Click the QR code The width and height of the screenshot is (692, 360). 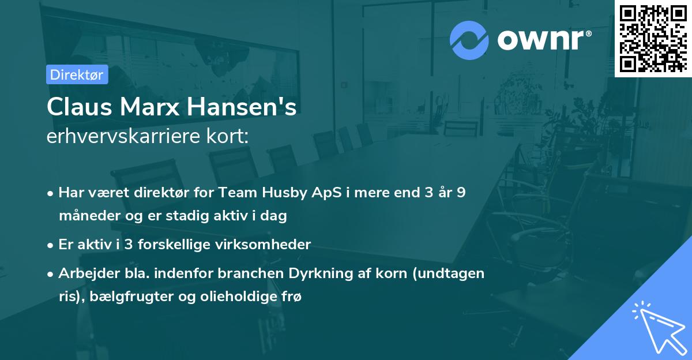653,39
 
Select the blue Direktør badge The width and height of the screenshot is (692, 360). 77,75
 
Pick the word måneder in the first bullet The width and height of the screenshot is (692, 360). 85,216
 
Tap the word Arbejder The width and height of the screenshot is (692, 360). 84,273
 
